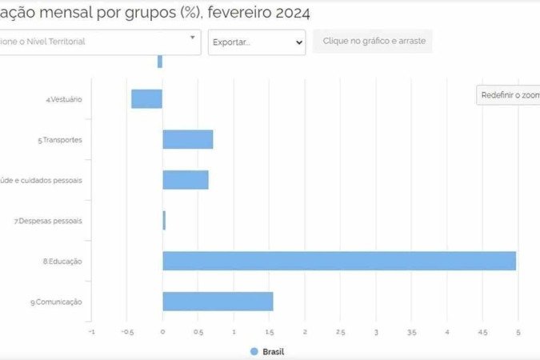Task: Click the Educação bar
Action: pyautogui.click(x=339, y=261)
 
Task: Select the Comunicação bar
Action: pyautogui.click(x=218, y=302)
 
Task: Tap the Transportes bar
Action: pyautogui.click(x=187, y=139)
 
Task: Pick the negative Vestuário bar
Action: pyautogui.click(x=147, y=98)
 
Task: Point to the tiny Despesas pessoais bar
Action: pyautogui.click(x=164, y=220)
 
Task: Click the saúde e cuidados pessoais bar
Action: pyautogui.click(x=185, y=180)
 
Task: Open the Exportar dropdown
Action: pyautogui.click(x=256, y=42)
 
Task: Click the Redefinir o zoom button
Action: pyautogui.click(x=508, y=95)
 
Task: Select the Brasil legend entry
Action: pyautogui.click(x=273, y=351)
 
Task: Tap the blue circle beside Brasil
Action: pyautogui.click(x=254, y=351)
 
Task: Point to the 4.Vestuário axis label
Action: pyautogui.click(x=64, y=99)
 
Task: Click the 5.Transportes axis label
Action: pyautogui.click(x=60, y=140)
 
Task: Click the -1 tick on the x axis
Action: pyautogui.click(x=90, y=331)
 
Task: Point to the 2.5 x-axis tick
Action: pyautogui.click(x=341, y=331)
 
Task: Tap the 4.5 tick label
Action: pyautogui.click(x=482, y=331)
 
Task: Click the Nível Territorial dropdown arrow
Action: pyautogui.click(x=192, y=37)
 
